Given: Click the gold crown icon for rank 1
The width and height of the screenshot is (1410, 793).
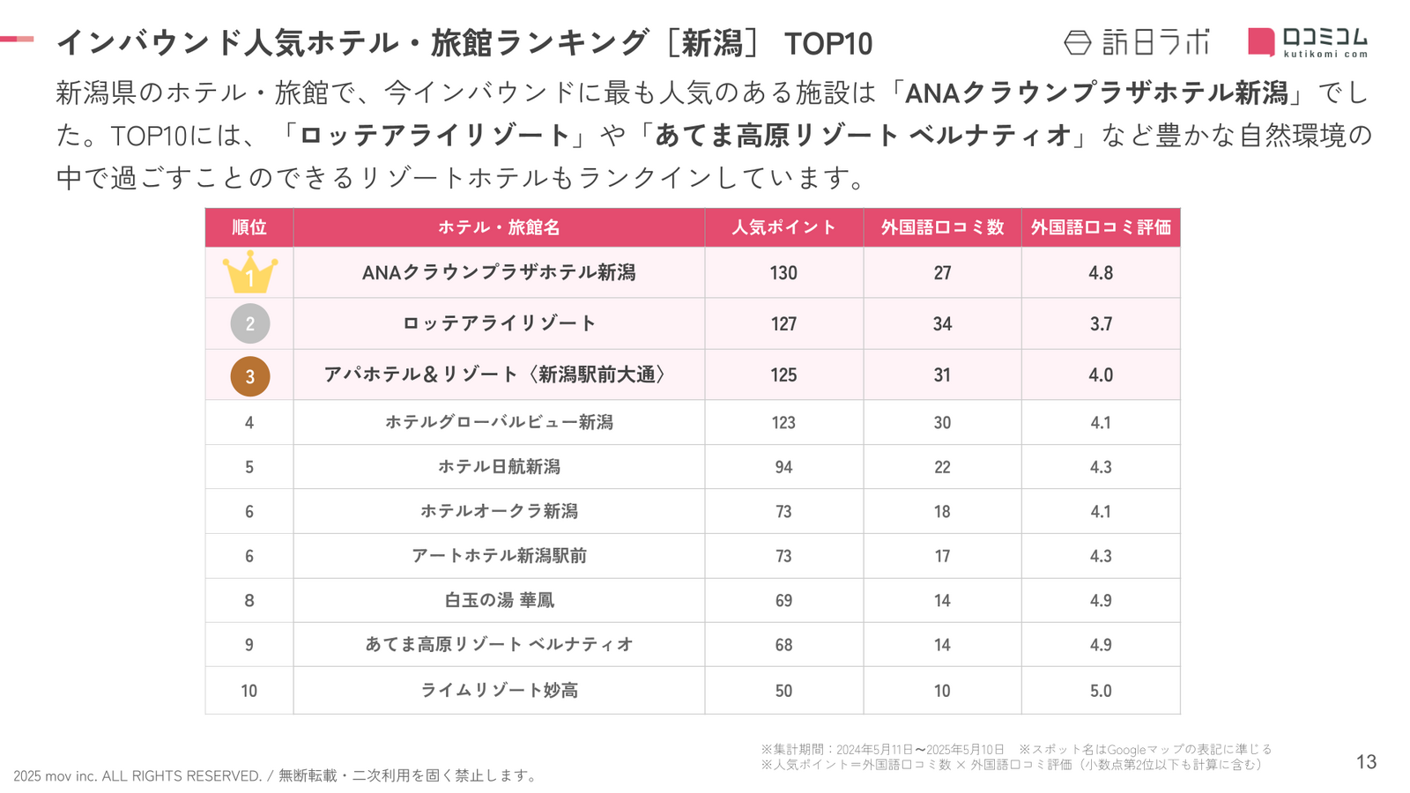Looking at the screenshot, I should click(249, 272).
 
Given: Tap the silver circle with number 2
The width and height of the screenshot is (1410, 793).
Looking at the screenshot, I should click(249, 323).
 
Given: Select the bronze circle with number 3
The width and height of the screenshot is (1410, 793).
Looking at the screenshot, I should click(249, 375).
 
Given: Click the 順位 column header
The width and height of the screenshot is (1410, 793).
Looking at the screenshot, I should click(249, 227).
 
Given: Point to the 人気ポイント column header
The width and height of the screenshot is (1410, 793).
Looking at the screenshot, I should click(783, 227).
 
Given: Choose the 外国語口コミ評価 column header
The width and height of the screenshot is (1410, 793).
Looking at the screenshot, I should click(1101, 227).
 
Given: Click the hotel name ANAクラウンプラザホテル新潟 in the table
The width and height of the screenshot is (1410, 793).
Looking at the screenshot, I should click(499, 272).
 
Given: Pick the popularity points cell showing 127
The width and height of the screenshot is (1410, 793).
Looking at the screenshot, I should click(783, 323).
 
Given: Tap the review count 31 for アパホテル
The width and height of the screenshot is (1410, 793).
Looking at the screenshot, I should click(942, 374).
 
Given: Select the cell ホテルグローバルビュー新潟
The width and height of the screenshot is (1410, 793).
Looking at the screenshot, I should click(499, 422).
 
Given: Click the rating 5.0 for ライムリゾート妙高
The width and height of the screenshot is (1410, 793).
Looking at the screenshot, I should click(1101, 691).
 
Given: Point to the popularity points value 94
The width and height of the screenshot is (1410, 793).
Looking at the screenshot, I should click(783, 467).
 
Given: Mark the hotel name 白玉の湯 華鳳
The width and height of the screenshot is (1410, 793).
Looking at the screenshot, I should click(499, 600).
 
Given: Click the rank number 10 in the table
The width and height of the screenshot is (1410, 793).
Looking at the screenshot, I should click(249, 691).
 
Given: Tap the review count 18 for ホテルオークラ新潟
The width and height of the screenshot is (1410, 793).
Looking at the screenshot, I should click(942, 511).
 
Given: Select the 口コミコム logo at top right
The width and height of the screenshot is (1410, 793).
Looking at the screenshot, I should click(1308, 41).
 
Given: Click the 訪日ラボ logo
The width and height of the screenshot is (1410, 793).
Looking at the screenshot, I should click(1137, 42).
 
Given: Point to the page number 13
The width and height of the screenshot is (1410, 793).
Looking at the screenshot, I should click(1366, 762).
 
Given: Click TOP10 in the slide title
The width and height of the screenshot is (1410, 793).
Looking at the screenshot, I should click(827, 43).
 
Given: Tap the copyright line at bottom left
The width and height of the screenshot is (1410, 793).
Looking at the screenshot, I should click(275, 775).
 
